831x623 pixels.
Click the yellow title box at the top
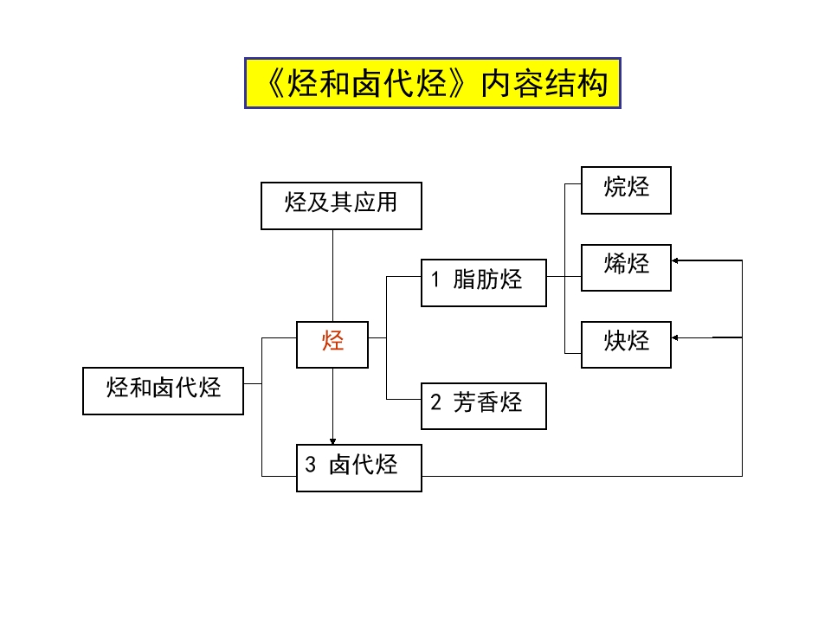tap(432, 83)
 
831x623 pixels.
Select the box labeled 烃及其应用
tap(341, 205)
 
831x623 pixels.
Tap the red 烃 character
tap(333, 341)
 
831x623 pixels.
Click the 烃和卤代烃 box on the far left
tap(163, 390)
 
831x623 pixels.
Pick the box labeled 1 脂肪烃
tap(483, 282)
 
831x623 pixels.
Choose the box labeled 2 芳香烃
tap(483, 405)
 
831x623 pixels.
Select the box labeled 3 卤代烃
tap(358, 467)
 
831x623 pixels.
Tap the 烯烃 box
tap(626, 265)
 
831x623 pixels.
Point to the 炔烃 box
tap(626, 344)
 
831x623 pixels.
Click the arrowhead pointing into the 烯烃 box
tap(677, 260)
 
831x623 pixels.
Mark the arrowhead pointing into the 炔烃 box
tap(677, 337)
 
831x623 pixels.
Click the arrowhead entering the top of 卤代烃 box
tap(332, 440)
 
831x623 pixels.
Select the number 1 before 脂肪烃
tap(436, 279)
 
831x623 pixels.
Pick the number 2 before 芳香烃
tap(436, 402)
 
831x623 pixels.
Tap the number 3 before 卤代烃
tap(311, 465)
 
